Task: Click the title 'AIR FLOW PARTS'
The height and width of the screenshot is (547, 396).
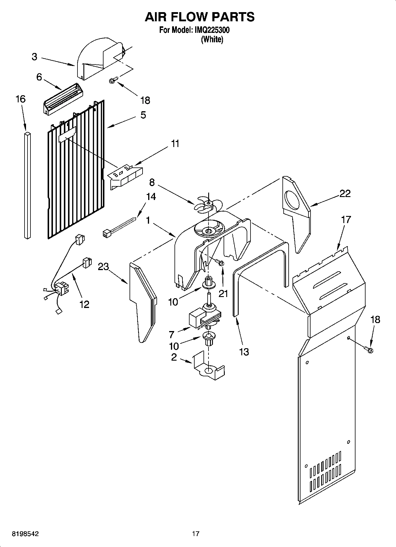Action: tap(199, 17)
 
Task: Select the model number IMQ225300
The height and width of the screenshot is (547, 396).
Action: tap(212, 30)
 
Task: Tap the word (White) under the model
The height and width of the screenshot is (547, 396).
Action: tap(212, 39)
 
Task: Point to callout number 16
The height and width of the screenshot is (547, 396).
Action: tap(20, 99)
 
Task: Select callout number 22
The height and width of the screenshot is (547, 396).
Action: tap(345, 193)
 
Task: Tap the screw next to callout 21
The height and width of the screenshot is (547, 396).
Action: tap(219, 262)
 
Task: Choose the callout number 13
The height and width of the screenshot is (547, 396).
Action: tap(244, 352)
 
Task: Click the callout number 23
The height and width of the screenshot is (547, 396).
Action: tap(104, 267)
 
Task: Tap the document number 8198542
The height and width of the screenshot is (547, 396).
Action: tap(25, 534)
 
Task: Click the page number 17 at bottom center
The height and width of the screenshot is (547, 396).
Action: tap(195, 534)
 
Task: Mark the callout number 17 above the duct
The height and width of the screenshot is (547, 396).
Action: tap(346, 220)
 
